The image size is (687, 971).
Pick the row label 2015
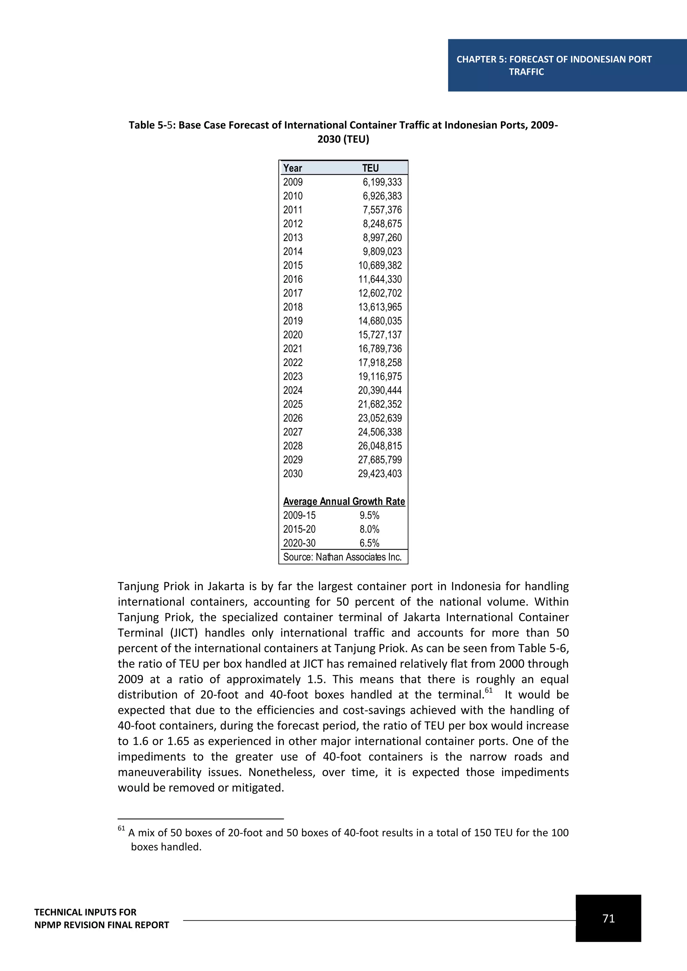(293, 265)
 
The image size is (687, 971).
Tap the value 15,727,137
(380, 335)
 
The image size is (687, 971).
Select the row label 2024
(293, 390)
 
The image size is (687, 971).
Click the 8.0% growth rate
(369, 529)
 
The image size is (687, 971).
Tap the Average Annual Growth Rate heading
(344, 501)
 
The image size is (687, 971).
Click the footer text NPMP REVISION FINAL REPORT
(102, 925)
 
